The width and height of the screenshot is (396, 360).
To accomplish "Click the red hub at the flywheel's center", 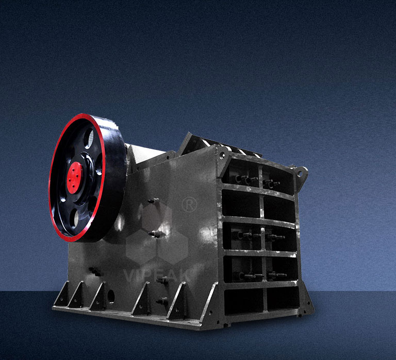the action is coord(74,178).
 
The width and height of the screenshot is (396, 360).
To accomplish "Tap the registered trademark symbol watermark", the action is coord(189,205).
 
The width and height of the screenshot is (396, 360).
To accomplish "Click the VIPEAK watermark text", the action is coord(157,275).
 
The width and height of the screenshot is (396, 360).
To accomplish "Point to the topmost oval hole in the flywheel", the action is coord(89,138).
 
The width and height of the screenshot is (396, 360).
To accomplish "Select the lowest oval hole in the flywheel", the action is coord(74,218).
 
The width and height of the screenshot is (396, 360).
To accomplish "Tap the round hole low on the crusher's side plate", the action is coord(111,296).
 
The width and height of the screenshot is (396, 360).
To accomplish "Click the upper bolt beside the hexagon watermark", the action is coord(154,201).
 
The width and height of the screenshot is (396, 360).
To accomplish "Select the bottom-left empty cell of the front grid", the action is coord(244,302).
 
